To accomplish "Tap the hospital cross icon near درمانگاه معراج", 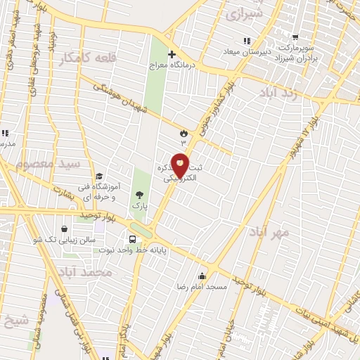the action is [172, 54].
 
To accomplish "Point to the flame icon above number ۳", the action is [184, 131].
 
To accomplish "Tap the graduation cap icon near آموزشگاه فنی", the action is [99, 176].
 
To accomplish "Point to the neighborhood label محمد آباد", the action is [86, 272].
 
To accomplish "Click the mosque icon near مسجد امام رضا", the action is [202, 275].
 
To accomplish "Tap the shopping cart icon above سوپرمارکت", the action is [295, 37].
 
